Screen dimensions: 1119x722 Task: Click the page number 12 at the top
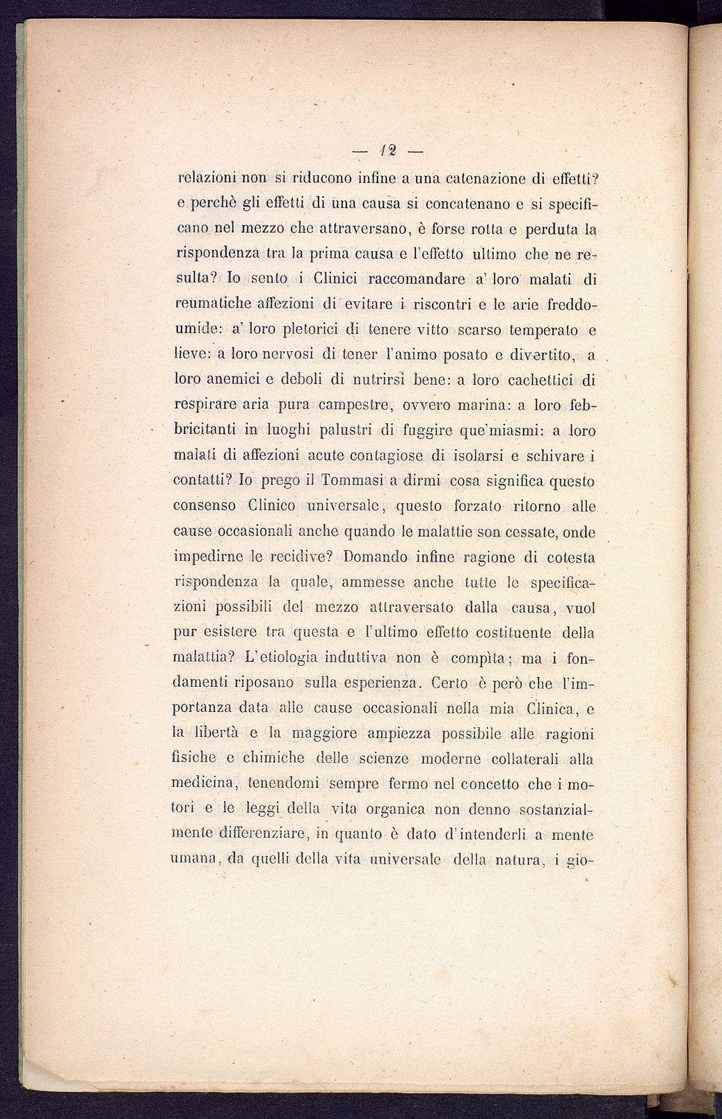tap(387, 150)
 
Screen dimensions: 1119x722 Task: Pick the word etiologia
tap(282, 658)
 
